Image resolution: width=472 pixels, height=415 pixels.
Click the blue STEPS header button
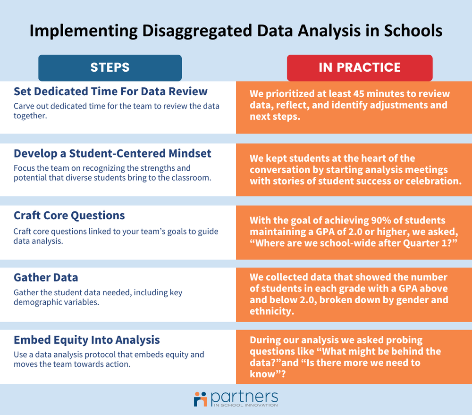[x=110, y=67]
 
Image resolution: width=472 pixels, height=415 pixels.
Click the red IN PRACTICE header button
[x=359, y=67]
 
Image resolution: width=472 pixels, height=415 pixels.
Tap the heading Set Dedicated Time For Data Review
[x=110, y=91]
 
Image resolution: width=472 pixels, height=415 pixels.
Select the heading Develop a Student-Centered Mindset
[x=112, y=153]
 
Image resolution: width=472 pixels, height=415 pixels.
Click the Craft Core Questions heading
[x=69, y=216]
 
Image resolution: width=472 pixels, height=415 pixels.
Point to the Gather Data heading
[x=46, y=277]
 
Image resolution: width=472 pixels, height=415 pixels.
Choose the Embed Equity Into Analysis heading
[x=86, y=340]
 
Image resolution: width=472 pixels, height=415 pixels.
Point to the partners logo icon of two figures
[x=201, y=399]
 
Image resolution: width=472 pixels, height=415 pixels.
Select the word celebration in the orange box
[x=434, y=181]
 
